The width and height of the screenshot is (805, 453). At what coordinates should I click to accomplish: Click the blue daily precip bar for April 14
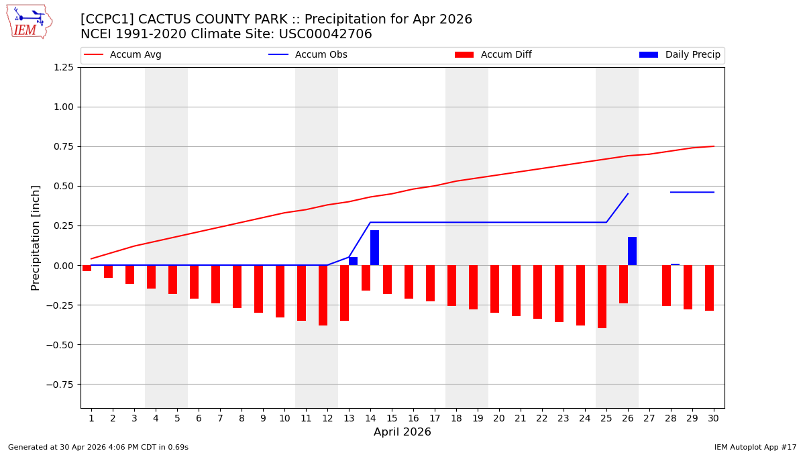coord(374,248)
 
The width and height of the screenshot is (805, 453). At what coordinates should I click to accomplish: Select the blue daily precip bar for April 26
coord(632,251)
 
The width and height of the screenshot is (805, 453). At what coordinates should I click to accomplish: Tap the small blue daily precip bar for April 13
coord(353,261)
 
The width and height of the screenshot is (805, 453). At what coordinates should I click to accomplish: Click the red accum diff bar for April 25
coord(602,297)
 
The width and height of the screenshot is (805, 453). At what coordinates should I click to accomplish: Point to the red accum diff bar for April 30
coord(709,288)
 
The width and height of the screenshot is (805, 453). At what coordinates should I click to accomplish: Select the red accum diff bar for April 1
coord(87,268)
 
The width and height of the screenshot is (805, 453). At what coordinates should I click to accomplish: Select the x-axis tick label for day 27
coord(649,418)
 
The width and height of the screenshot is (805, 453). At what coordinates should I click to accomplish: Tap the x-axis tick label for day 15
coord(392,418)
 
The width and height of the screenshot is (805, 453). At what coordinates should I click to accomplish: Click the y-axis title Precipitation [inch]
coord(36,238)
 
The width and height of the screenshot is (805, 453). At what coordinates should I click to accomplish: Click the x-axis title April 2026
coord(402,432)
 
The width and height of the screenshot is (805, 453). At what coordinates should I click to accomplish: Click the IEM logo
coord(29,21)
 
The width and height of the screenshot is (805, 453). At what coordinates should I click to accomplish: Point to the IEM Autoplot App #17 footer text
coord(755,447)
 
